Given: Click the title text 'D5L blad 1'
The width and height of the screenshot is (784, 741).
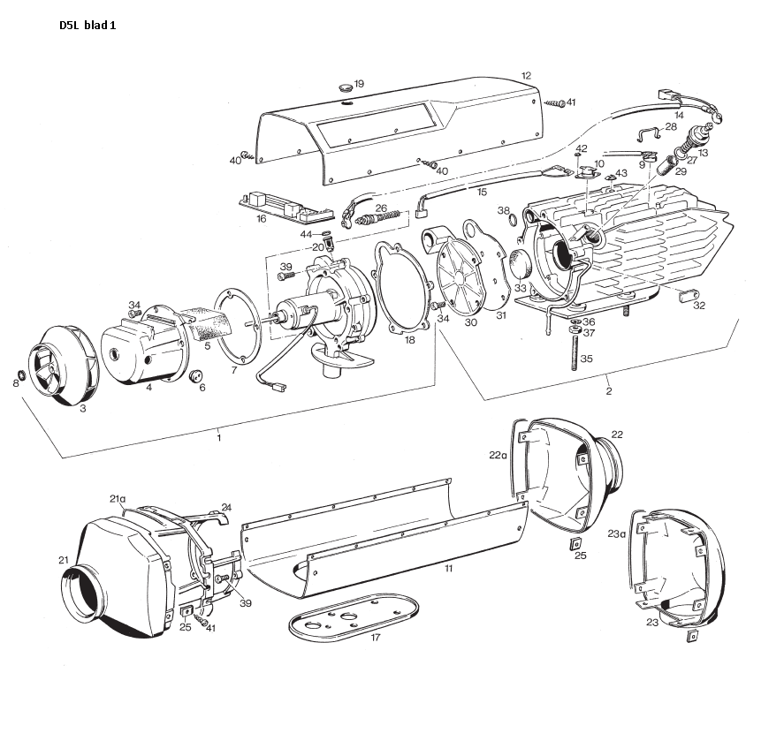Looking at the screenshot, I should pyautogui.click(x=87, y=25).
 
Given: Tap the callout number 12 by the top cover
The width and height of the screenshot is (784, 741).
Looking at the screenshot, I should pyautogui.click(x=526, y=76).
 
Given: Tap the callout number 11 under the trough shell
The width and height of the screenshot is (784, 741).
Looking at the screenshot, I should pyautogui.click(x=448, y=569).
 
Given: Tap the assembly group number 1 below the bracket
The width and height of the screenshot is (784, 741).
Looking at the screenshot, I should pyautogui.click(x=219, y=435).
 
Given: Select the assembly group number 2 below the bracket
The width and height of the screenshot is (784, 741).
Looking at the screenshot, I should pyautogui.click(x=608, y=389).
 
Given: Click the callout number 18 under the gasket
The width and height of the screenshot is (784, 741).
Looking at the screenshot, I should pyautogui.click(x=408, y=339).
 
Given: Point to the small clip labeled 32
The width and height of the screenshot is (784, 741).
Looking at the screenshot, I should pyautogui.click(x=686, y=297).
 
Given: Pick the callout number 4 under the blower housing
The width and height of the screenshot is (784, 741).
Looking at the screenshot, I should pyautogui.click(x=148, y=386).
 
